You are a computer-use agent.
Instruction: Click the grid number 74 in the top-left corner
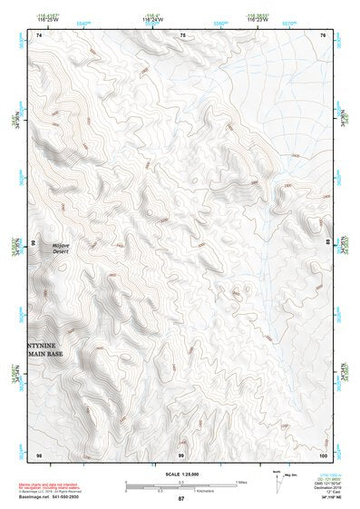(38, 34)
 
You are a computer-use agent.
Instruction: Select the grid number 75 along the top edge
(182, 34)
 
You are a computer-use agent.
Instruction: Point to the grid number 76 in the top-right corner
(324, 34)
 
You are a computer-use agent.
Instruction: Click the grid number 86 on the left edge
(34, 244)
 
